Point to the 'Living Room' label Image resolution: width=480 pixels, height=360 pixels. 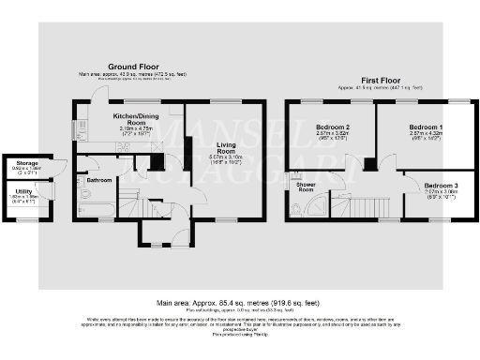(226, 149)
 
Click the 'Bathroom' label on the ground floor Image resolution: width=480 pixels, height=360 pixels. (98, 179)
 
